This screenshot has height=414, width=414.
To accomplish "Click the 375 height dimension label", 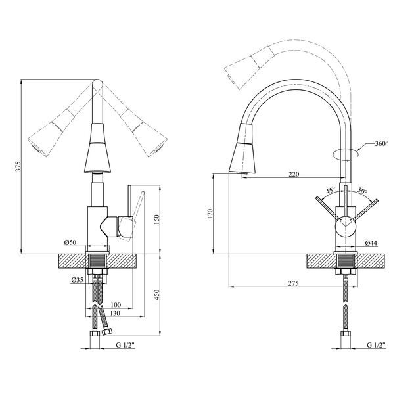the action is click(x=18, y=166).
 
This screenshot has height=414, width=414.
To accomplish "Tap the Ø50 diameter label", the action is click(x=70, y=242).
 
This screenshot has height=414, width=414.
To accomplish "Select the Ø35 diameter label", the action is click(x=77, y=279).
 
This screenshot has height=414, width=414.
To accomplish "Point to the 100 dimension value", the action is click(x=116, y=304).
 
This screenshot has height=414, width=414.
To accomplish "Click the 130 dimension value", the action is click(x=115, y=313).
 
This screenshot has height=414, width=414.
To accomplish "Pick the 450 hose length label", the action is click(x=157, y=295).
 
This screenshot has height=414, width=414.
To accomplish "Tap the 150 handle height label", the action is click(x=157, y=219).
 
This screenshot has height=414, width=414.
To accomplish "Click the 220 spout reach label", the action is click(x=294, y=174).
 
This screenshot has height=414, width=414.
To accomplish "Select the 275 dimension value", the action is click(x=293, y=283).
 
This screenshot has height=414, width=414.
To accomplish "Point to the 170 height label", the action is click(x=210, y=214).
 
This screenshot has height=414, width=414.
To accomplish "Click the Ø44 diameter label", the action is click(x=371, y=243).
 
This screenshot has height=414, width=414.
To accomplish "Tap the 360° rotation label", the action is click(x=382, y=144).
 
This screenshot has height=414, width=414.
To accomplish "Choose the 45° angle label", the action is click(x=331, y=191).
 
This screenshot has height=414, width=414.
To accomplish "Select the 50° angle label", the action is click(x=362, y=191).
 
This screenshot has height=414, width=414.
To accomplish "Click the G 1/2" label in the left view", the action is click(x=125, y=345).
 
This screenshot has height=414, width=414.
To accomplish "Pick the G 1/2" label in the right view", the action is click(x=376, y=345).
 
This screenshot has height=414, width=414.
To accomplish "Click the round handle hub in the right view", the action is click(x=345, y=225).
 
